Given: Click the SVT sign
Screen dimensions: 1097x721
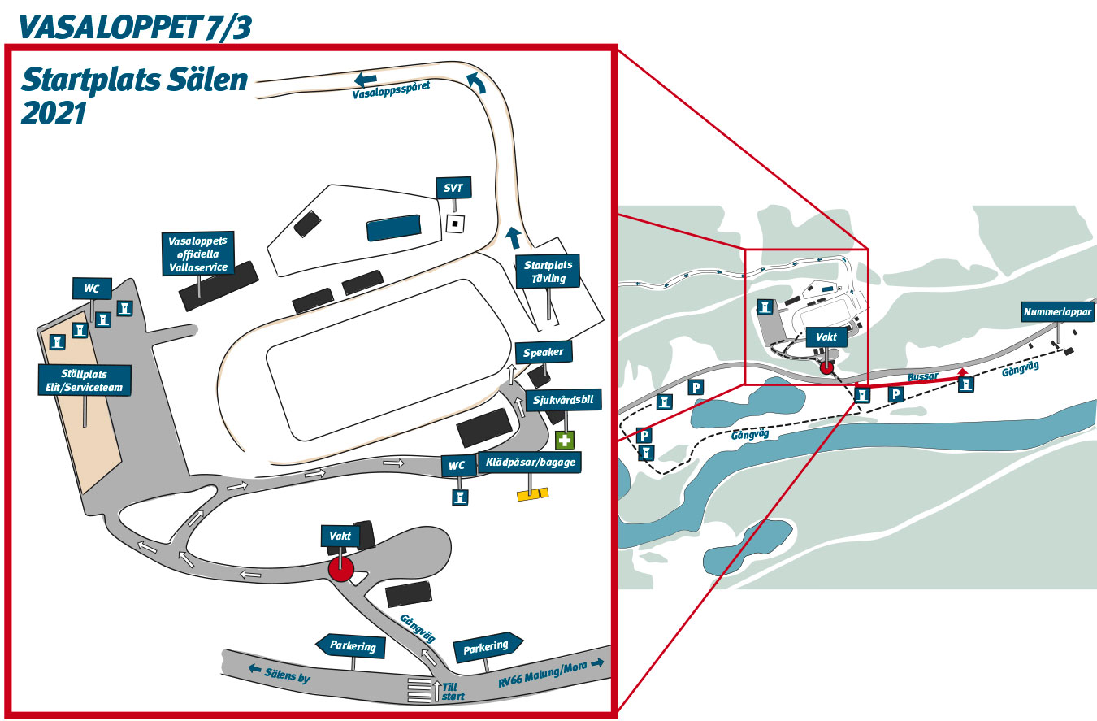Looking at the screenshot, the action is [453, 188].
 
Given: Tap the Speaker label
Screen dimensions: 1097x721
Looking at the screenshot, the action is [543, 352].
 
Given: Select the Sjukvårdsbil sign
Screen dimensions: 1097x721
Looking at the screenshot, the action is [563, 400].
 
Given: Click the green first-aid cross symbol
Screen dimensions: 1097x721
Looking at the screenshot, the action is [565, 440].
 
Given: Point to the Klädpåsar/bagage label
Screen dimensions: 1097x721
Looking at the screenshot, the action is [531, 463].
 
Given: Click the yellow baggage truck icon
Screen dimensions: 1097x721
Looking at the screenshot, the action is [533, 494].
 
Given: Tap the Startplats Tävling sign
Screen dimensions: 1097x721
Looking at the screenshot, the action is [548, 271].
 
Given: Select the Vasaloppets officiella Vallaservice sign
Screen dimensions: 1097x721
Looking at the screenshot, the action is [198, 254].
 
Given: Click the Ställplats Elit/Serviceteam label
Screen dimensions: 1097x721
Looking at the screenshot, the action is [85, 380].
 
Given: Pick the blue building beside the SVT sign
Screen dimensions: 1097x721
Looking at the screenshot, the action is [394, 228].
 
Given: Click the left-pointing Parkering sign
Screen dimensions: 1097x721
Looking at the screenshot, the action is [351, 646].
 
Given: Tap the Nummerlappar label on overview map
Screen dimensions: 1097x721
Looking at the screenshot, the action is [1057, 312].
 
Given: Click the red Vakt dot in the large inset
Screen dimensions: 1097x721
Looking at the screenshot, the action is [340, 569].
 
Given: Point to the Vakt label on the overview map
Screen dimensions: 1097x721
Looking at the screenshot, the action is [826, 337].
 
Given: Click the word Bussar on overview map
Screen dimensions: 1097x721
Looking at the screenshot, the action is [922, 376].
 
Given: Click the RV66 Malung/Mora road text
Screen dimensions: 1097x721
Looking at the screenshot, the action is [543, 675].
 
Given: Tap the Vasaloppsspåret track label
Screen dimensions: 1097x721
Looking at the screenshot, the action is [392, 90].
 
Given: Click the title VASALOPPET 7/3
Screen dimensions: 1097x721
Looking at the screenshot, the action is [136, 28].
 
